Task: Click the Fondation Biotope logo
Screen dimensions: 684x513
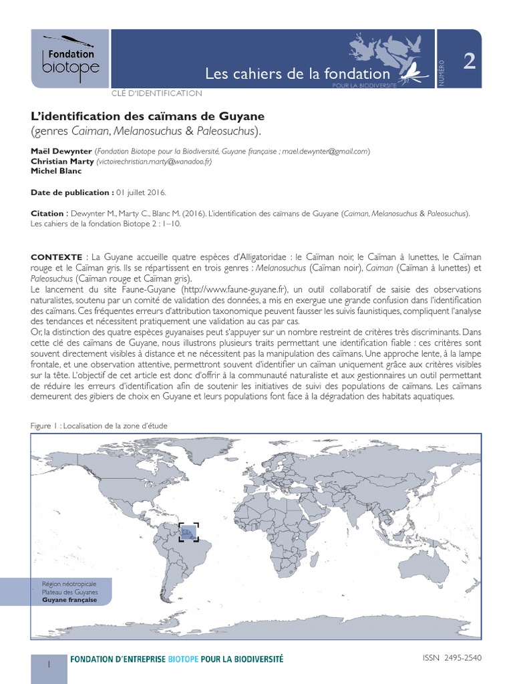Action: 69,58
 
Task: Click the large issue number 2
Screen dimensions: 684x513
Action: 470,61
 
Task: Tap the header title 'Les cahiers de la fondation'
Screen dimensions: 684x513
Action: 297,73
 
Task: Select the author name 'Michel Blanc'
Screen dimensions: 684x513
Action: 56,170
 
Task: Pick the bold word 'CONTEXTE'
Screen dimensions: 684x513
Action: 56,257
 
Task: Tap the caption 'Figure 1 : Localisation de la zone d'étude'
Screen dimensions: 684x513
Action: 100,425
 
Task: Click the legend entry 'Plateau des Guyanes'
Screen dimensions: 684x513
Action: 69,592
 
